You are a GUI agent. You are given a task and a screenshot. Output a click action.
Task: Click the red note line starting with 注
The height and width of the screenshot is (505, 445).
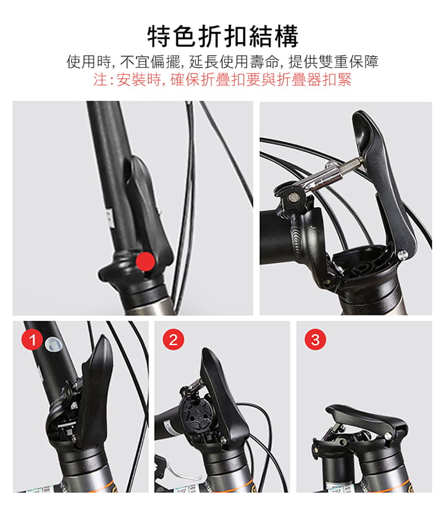pos(223,80)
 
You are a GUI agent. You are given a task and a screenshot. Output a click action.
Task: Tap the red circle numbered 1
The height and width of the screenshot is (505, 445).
pos(33,340)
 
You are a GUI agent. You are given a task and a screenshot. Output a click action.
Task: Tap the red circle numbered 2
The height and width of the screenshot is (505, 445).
pos(173,340)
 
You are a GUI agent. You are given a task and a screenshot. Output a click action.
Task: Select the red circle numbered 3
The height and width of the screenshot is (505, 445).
pos(315,340)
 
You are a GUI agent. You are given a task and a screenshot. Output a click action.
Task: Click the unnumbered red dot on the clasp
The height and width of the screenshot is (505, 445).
pos(144,260)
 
